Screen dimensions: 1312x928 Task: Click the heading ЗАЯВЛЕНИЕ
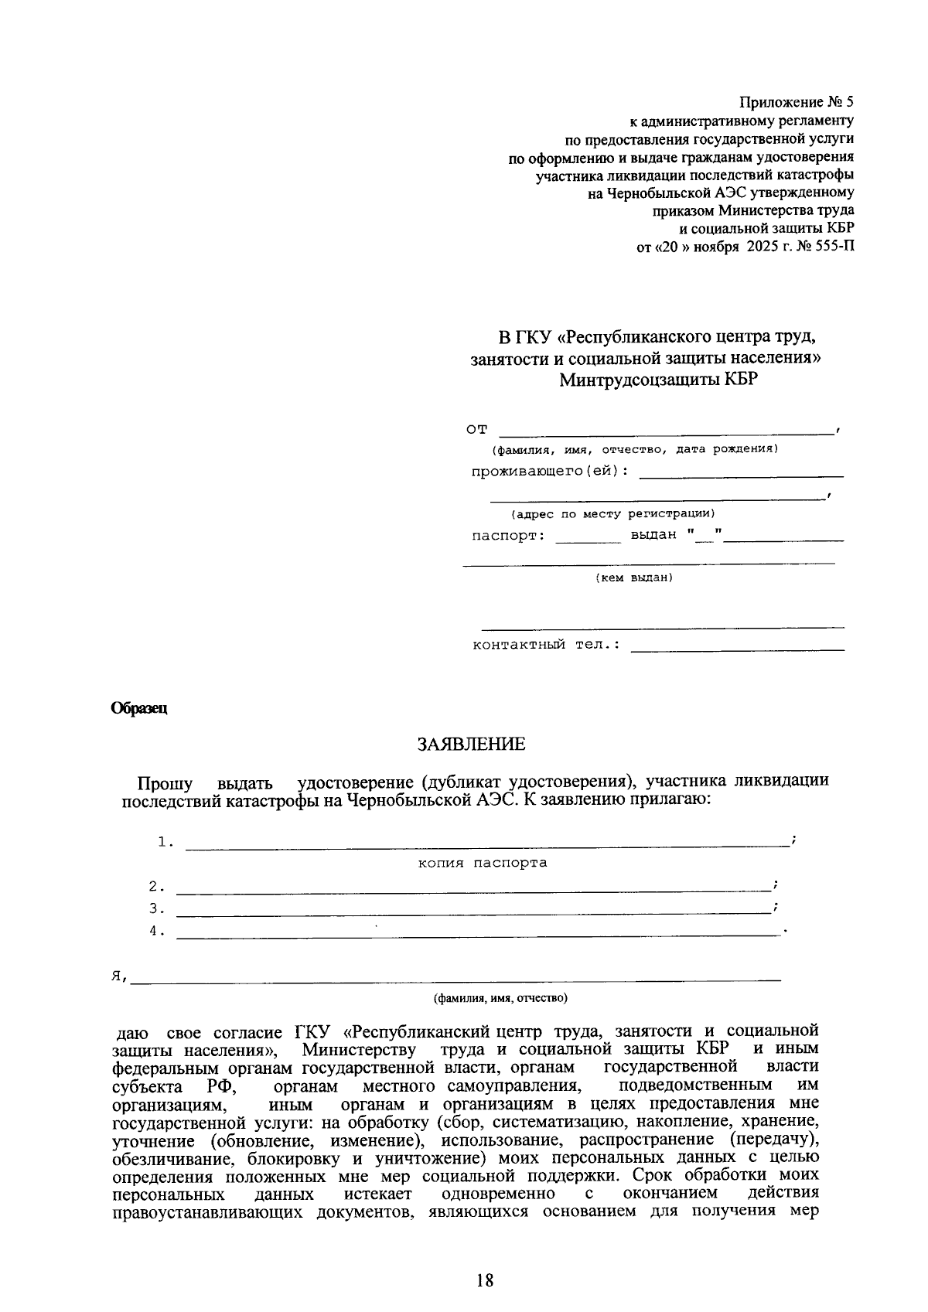click(471, 745)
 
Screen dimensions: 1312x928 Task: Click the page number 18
click(485, 1280)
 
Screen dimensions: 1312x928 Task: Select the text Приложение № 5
click(797, 102)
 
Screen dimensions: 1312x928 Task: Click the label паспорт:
click(508, 535)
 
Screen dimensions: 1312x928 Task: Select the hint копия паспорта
click(483, 863)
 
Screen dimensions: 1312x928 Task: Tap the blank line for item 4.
click(479, 935)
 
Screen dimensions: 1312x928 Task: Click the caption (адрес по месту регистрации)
click(612, 513)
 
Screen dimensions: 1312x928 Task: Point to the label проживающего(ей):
click(550, 472)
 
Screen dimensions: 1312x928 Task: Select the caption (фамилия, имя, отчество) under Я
click(500, 998)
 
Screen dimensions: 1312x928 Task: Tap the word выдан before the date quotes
click(653, 535)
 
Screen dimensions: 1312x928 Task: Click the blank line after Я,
click(456, 979)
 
